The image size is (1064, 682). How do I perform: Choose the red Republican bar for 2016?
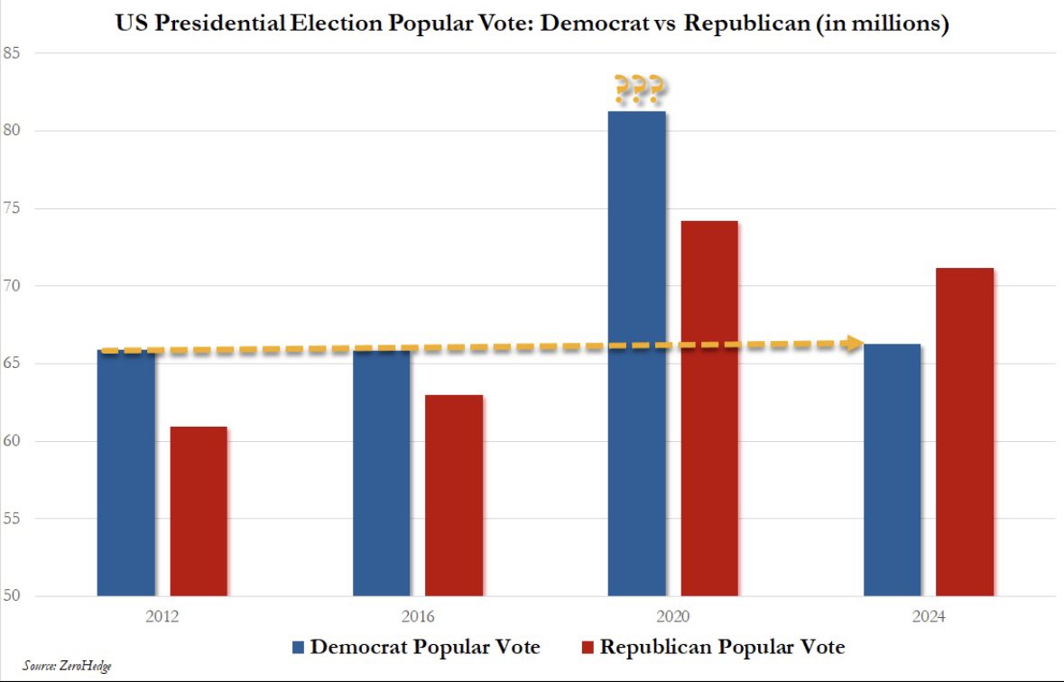(x=454, y=495)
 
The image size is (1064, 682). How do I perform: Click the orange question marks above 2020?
(x=639, y=90)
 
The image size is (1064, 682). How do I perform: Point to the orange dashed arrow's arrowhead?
(x=850, y=343)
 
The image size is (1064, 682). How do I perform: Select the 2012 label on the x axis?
(x=162, y=618)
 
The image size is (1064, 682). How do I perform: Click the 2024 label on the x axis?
(x=930, y=618)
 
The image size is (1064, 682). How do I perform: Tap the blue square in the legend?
(x=299, y=648)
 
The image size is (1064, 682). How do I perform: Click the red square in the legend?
(x=587, y=648)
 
